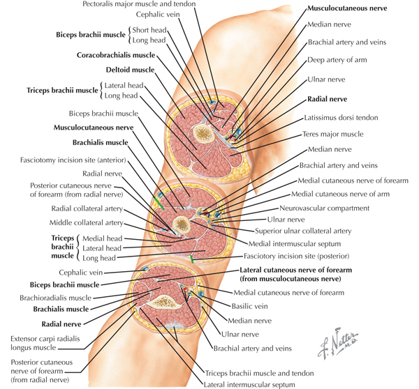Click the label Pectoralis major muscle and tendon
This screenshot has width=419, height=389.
click(139, 4)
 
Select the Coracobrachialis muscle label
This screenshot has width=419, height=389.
click(116, 55)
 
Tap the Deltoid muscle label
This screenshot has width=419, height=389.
click(130, 70)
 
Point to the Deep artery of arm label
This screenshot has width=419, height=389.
click(337, 60)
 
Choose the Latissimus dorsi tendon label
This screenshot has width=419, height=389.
click(341, 118)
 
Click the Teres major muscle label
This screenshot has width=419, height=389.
click(333, 134)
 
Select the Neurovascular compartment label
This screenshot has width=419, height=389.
click(325, 208)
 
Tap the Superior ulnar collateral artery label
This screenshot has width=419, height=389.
click(303, 231)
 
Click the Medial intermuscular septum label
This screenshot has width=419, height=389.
click(295, 243)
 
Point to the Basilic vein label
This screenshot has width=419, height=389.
click(249, 306)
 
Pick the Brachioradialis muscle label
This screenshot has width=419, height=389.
click(56, 298)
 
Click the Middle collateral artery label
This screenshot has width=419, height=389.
click(86, 222)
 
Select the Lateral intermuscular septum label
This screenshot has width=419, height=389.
click(249, 385)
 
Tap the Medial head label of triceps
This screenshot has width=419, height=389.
click(103, 238)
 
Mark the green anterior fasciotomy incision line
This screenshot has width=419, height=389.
click(159, 203)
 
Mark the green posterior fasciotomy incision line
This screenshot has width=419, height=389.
click(191, 259)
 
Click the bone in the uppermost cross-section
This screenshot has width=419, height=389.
click(204, 134)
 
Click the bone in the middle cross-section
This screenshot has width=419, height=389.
click(181, 224)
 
